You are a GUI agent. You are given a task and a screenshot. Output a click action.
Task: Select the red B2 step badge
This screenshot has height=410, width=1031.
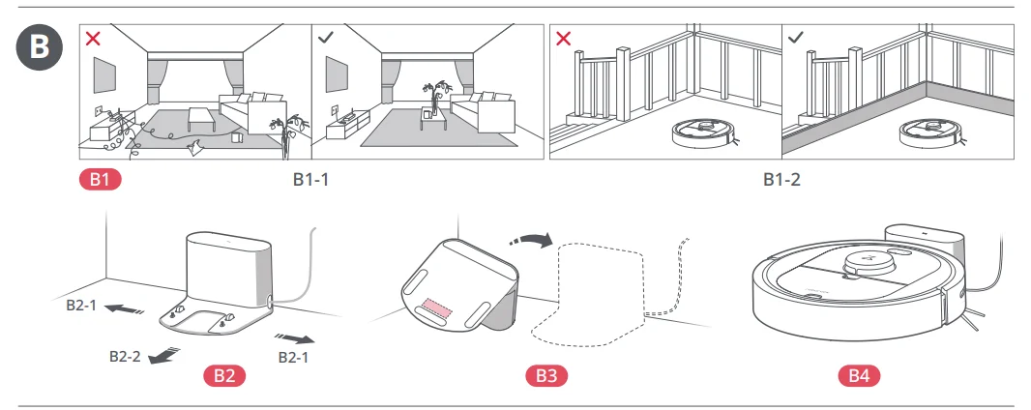pyautogui.click(x=224, y=375)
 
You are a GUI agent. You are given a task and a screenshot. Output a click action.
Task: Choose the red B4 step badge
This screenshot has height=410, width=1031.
pyautogui.click(x=858, y=375)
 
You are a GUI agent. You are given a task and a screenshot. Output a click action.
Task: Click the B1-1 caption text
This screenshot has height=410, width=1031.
pyautogui.click(x=311, y=180)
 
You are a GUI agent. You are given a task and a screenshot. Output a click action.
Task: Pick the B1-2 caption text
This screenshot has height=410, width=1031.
pyautogui.click(x=781, y=180)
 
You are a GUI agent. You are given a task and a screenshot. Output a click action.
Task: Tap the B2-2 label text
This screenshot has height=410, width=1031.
pyautogui.click(x=125, y=356)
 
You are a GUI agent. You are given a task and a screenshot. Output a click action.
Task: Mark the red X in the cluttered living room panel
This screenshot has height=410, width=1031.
pyautogui.click(x=93, y=39)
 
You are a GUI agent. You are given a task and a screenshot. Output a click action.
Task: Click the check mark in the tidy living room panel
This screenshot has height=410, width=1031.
pyautogui.click(x=327, y=39)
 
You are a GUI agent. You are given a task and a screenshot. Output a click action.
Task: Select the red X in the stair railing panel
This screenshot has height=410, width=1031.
pyautogui.click(x=564, y=39)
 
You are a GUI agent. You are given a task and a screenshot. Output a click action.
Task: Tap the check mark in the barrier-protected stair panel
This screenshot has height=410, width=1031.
pyautogui.click(x=796, y=39)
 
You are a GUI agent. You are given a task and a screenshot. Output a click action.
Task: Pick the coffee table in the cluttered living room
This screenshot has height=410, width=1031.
pyautogui.click(x=202, y=118)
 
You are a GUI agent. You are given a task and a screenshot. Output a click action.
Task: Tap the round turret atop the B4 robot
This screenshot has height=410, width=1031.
pyautogui.click(x=876, y=261)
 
